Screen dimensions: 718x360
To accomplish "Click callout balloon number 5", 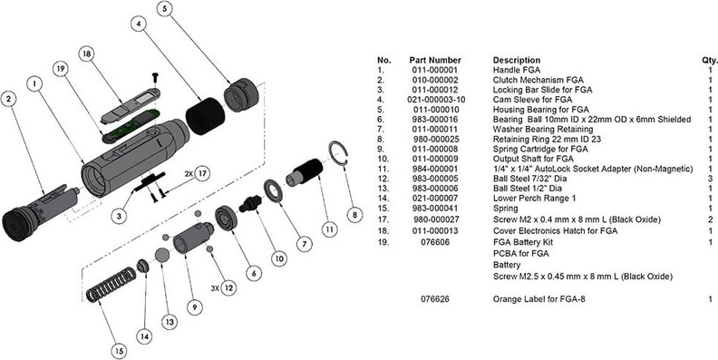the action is (165, 9).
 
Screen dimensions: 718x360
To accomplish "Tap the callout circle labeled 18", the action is (85, 54).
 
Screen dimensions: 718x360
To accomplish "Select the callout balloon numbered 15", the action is (119, 351).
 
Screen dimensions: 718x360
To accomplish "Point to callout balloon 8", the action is (354, 214).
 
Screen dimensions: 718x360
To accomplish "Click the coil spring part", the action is (112, 285).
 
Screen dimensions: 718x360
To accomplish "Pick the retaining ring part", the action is (338, 152).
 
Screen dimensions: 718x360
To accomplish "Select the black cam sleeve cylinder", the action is (205, 116).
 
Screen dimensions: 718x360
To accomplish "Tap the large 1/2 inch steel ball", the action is (162, 255).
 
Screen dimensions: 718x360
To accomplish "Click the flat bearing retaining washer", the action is (273, 191).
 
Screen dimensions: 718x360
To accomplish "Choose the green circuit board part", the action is (131, 125).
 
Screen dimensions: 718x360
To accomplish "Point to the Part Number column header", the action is (435, 60).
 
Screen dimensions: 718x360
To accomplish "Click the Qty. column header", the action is (709, 60).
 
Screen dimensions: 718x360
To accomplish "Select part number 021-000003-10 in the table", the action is (435, 100).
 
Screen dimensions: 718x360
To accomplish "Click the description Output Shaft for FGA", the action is (533, 159).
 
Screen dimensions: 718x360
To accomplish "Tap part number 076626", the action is (435, 299).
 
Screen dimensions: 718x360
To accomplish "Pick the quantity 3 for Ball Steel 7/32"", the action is (710, 179).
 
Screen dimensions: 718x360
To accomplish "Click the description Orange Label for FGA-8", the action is (539, 299).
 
